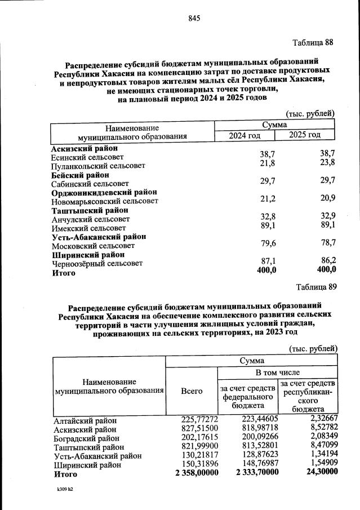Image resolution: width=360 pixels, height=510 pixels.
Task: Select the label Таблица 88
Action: pos(313,43)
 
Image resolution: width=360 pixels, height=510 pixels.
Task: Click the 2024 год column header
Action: pos(245,135)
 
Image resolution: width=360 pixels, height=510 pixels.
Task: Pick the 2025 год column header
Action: pos(305,135)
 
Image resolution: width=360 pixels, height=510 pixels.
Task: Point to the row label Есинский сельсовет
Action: pos(87,157)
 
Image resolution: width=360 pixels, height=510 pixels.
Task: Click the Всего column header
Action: pos(192,390)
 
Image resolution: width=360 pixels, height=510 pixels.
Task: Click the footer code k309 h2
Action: pos(61,489)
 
